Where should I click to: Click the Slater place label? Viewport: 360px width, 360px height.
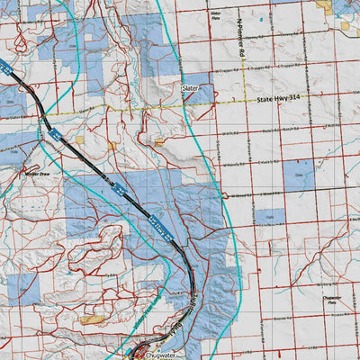190,89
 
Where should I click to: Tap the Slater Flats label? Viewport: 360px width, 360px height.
215,14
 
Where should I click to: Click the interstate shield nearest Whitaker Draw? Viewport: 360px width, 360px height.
54,136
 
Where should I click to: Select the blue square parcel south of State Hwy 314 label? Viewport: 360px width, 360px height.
298,173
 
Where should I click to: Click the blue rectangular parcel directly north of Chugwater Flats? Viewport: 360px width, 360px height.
268,217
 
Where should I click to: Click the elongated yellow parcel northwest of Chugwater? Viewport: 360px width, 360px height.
91,319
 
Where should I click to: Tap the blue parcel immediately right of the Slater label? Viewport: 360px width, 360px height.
206,92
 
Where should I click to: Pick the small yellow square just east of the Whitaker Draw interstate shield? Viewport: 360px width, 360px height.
78,139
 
